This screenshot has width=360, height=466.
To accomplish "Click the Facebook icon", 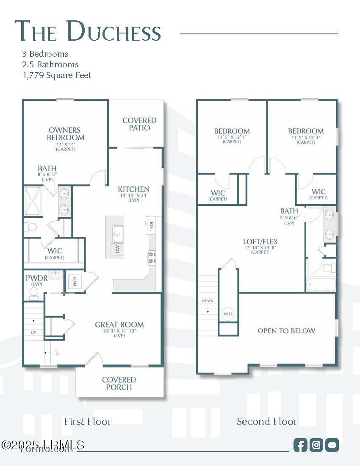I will point(300,445).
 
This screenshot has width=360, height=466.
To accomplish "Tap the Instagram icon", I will point(316,445).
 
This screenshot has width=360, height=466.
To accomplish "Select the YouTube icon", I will point(332,445).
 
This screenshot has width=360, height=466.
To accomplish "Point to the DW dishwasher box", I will point(117,250).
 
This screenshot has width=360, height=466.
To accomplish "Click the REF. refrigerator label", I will point(152,226).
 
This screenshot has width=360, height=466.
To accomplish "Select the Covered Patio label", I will point(139,124).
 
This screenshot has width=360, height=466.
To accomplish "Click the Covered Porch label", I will point(119,383).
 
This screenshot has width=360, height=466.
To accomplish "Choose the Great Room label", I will point(119,325).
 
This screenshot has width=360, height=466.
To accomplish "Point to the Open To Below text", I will point(286,331).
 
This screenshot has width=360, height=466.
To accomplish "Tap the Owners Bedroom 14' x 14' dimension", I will point(66,144).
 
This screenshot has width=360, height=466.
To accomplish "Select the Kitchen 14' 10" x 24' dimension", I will point(133,195).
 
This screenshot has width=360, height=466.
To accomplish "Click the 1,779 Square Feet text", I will point(57,75).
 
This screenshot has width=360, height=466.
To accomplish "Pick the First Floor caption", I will point(88,422).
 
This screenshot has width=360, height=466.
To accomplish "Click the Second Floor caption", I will point(267,422).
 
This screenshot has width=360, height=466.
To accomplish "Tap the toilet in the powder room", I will point(33,292).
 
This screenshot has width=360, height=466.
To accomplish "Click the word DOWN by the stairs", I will point(208,301).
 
